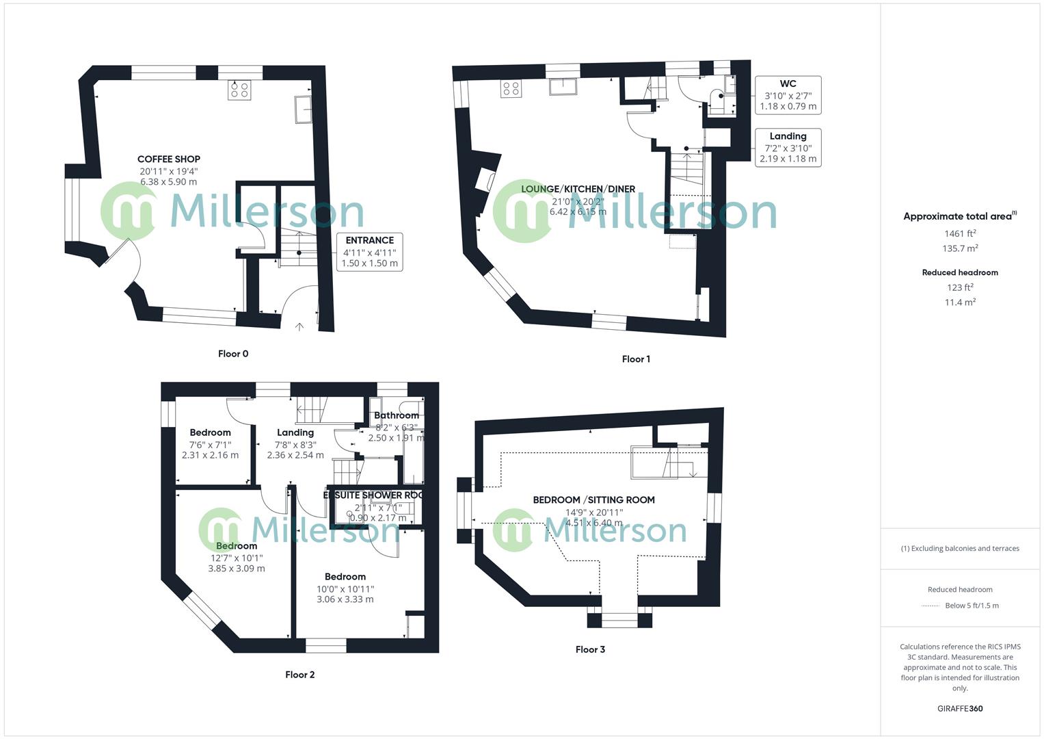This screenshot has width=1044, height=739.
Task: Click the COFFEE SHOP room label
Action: tap(168, 159)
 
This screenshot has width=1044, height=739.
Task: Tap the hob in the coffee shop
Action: tap(239, 90)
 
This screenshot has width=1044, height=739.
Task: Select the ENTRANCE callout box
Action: tap(369, 251)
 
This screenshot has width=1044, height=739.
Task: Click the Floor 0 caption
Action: tap(233, 354)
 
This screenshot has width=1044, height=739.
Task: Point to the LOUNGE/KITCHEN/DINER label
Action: tap(578, 189)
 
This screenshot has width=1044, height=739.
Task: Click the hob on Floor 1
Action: tap(511, 88)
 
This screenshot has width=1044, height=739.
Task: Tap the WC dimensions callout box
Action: tap(788, 94)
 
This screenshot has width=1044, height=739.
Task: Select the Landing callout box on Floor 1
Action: tap(788, 147)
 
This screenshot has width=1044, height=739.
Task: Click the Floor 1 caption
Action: tap(636, 359)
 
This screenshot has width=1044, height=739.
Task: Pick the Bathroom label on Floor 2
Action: tap(397, 415)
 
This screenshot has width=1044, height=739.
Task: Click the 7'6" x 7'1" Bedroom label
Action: tap(210, 432)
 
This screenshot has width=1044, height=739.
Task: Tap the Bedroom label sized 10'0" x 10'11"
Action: tap(345, 577)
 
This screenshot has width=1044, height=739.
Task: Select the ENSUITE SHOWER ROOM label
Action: tap(374, 495)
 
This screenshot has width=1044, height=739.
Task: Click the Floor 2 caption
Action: tap(300, 675)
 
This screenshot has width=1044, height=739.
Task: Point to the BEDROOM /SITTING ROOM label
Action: tap(593, 500)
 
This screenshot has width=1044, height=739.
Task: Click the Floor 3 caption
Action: tap(590, 649)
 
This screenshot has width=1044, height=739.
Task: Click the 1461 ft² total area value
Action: tap(960, 234)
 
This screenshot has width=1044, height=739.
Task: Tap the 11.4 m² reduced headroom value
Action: tap(960, 302)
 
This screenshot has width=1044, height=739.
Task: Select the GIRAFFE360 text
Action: tap(960, 709)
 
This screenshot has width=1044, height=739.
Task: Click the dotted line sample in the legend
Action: tap(931, 606)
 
